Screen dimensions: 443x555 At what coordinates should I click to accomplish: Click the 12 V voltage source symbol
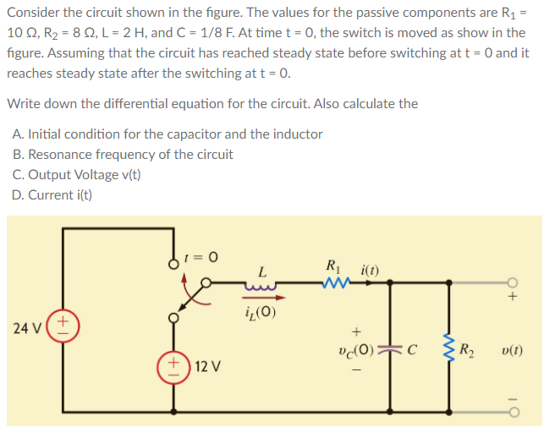point(176,369)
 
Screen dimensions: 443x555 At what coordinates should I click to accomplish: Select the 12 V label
point(208,369)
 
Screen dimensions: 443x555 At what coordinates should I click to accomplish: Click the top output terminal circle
point(513,283)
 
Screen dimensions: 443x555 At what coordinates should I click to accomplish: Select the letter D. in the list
point(19,194)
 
